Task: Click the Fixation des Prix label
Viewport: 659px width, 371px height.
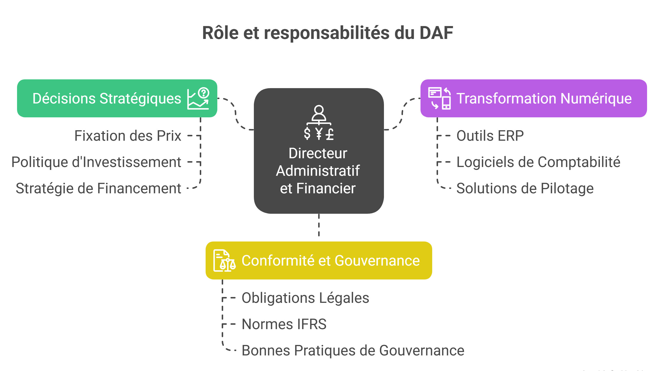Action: (x=128, y=136)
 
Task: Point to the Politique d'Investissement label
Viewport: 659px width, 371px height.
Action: (x=96, y=162)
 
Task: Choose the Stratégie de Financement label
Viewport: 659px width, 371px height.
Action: (x=98, y=188)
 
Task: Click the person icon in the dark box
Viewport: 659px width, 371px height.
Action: (x=319, y=114)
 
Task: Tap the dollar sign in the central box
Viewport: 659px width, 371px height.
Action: (x=307, y=133)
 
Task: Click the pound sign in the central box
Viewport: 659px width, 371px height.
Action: (x=330, y=134)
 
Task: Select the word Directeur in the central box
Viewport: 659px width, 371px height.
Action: (x=318, y=153)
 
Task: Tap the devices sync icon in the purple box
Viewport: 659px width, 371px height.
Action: (x=439, y=98)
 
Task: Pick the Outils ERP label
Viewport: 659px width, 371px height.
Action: (x=490, y=136)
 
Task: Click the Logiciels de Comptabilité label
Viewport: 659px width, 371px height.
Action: (x=538, y=162)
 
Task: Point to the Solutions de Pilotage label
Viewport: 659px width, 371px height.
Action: (x=525, y=188)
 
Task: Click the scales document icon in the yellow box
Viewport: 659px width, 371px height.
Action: (x=224, y=260)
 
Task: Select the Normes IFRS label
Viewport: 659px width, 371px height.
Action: (x=284, y=324)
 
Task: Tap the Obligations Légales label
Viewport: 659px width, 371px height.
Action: (x=305, y=298)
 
